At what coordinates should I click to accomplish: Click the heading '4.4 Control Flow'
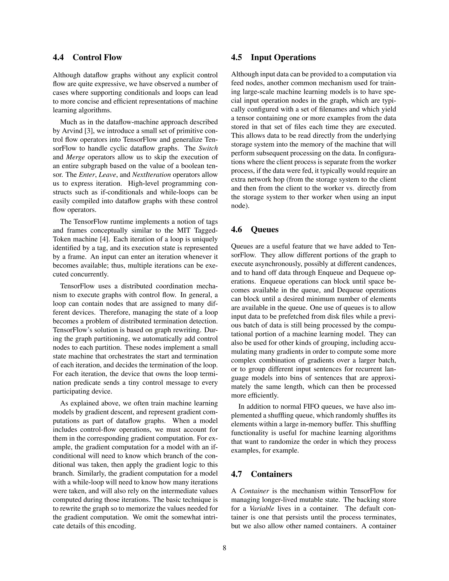click(87, 57)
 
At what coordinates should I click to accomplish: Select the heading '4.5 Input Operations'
click(273, 57)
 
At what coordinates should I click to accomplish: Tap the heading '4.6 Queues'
click(255, 229)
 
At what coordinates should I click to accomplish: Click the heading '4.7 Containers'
click(262, 474)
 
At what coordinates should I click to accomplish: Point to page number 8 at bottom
click(224, 548)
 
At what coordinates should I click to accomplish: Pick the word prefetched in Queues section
click(305, 317)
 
